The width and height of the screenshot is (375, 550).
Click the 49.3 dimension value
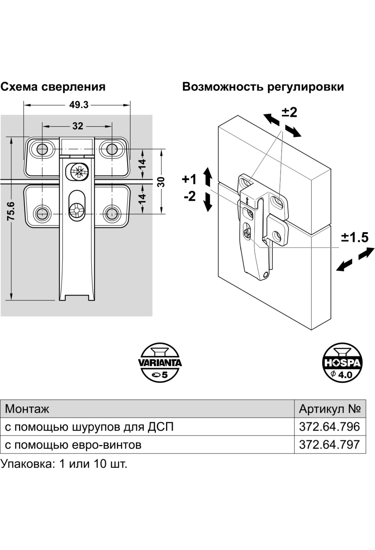coord(79,105)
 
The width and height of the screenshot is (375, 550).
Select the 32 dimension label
coord(78,126)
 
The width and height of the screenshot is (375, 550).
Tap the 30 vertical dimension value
coord(161,182)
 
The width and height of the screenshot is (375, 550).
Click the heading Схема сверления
coord(53,87)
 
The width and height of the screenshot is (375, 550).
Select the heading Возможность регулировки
coord(263,87)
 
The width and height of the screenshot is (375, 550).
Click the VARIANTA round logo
coord(160,362)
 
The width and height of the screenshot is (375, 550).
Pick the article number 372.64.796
coord(329,427)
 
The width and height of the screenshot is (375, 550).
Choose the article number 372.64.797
coord(329,444)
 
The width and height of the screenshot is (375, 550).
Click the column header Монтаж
coord(27,409)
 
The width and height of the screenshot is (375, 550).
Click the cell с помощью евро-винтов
coord(73,444)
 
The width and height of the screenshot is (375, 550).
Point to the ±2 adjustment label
coord(289,112)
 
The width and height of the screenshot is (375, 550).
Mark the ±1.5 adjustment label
coord(354,238)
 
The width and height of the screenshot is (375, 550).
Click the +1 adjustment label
coord(189,180)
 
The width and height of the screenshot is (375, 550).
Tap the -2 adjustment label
coord(190,196)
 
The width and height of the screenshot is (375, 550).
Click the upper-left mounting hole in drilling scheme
coord(42,149)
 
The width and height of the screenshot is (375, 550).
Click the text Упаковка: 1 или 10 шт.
coord(64,464)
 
